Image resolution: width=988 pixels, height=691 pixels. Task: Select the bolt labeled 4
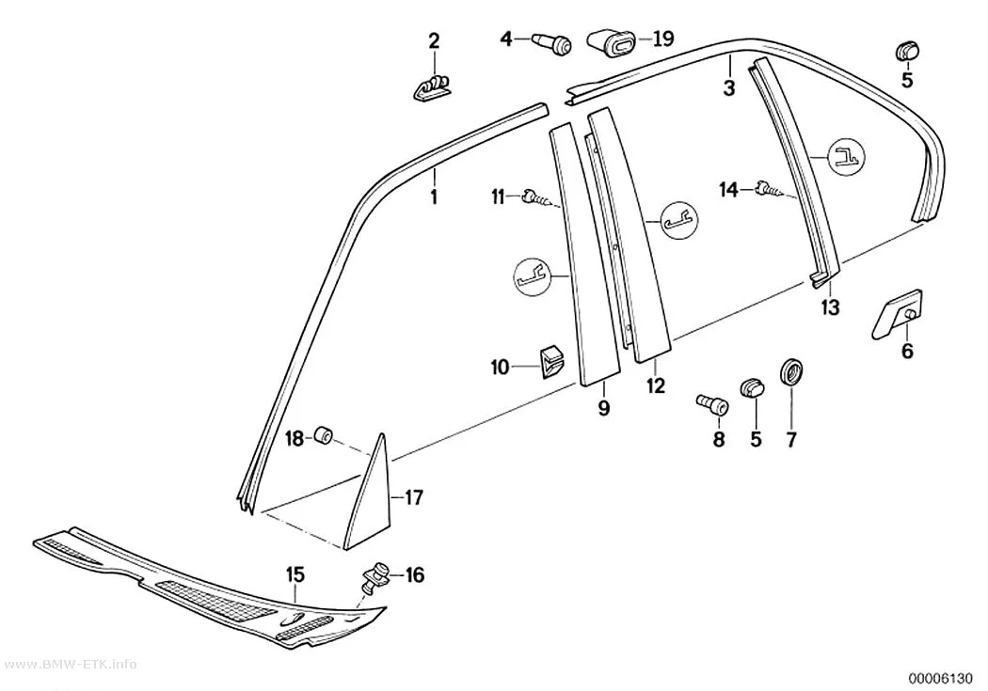click(552, 43)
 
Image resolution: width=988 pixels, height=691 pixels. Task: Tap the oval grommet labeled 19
click(611, 42)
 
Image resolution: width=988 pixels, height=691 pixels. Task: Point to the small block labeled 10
click(550, 362)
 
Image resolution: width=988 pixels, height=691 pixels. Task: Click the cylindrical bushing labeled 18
click(323, 435)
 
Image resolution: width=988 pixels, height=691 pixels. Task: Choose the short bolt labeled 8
click(712, 403)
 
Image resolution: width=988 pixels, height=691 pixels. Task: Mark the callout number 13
click(831, 307)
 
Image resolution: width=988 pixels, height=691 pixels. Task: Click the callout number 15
click(295, 573)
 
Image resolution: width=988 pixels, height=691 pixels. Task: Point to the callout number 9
click(604, 407)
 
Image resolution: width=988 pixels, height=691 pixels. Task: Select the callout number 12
click(655, 385)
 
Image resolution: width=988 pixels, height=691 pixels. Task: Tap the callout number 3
click(728, 87)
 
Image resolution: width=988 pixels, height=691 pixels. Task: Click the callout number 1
click(434, 197)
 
